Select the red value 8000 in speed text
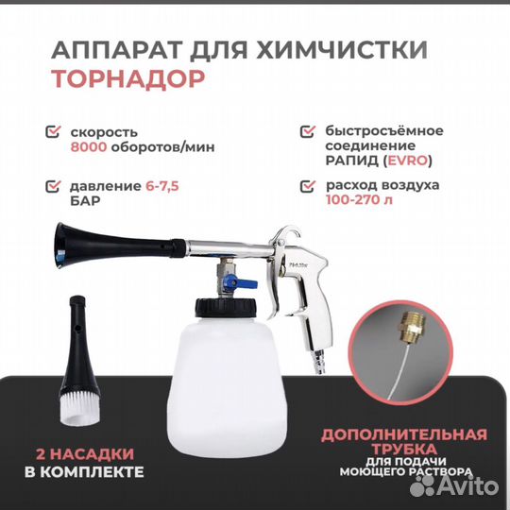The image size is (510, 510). click(88, 147)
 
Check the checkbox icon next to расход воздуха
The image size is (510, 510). click(306, 188)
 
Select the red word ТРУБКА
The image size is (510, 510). click(403, 451)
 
